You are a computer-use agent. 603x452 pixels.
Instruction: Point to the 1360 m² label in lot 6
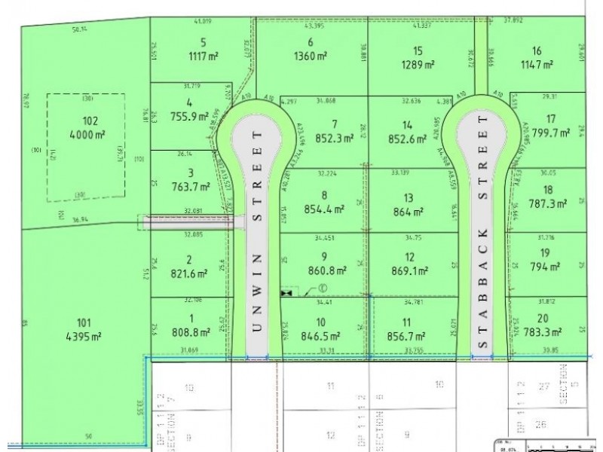(311, 55)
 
